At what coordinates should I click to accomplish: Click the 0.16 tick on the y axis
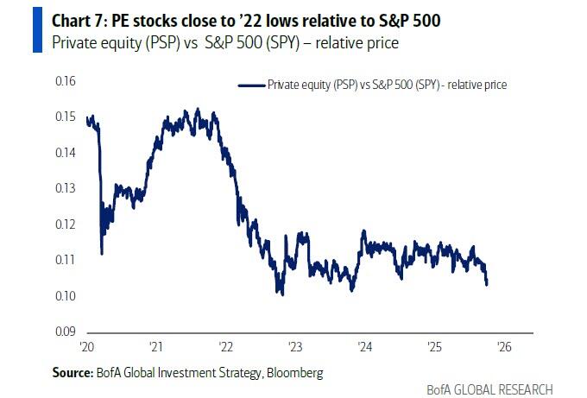[65, 82]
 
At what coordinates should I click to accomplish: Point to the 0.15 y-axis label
[65, 117]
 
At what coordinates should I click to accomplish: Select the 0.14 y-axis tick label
[65, 153]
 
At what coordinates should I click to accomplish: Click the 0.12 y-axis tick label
[65, 224]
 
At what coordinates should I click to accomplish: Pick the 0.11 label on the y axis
[65, 260]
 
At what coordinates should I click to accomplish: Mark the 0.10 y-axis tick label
[65, 296]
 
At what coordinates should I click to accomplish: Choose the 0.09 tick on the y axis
[65, 332]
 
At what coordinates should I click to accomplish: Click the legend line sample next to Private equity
[249, 85]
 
